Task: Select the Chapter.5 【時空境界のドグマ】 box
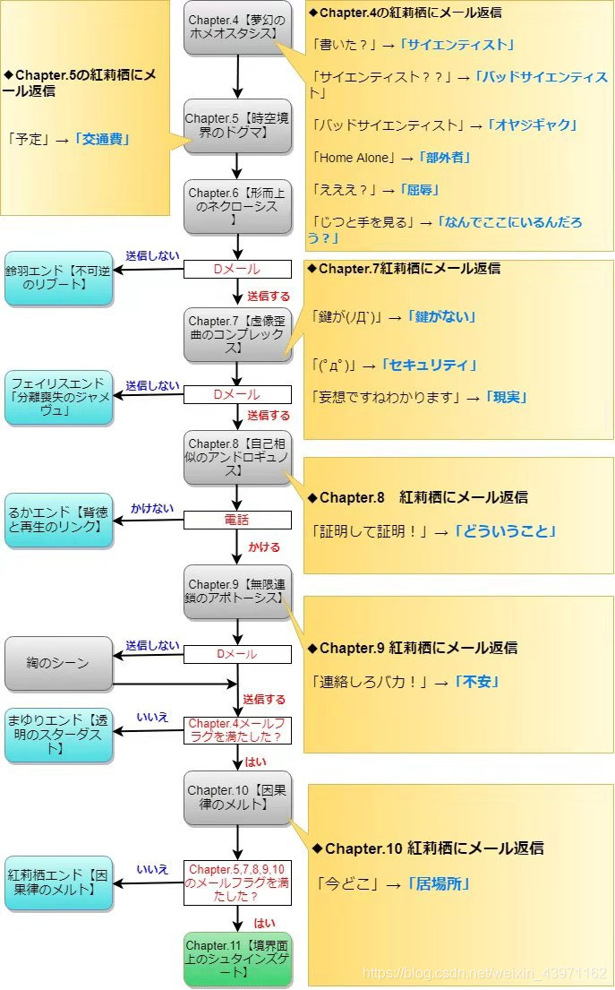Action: pos(238,126)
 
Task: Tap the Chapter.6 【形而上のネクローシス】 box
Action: pos(238,206)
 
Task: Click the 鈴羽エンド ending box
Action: pos(58,278)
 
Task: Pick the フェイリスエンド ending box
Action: pos(58,397)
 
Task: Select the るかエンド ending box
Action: pos(58,521)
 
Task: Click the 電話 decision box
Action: pos(238,520)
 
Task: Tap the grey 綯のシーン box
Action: pos(58,664)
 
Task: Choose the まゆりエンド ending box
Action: pos(58,735)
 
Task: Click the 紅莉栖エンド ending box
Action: pos(58,882)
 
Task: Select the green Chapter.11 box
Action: pos(238,959)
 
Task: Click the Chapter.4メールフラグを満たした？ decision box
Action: pos(238,730)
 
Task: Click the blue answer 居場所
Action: pos(439,884)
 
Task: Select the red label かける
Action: pos(263,547)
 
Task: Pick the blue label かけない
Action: pos(152,507)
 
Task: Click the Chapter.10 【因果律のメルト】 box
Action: pos(238,797)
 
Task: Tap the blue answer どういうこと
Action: pos(506,531)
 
